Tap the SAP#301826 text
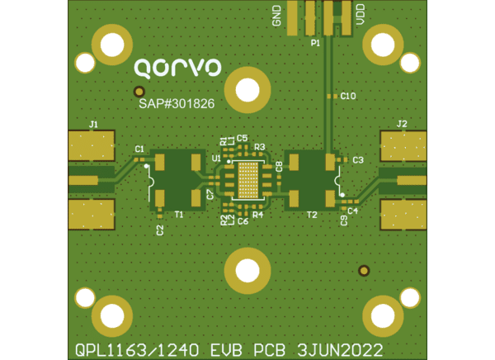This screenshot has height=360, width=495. (x=177, y=104)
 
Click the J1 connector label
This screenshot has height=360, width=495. (x=93, y=125)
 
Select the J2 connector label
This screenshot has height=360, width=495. (x=402, y=124)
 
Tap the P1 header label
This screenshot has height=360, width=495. (x=315, y=42)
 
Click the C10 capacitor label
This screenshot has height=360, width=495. (x=348, y=97)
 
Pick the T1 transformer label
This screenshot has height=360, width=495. (x=179, y=215)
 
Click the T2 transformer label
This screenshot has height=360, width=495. (x=312, y=215)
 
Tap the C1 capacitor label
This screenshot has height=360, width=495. (x=139, y=149)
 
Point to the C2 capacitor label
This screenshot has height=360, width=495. (x=159, y=230)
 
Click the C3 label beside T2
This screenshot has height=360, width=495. (x=357, y=159)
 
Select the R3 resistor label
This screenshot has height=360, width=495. (x=259, y=147)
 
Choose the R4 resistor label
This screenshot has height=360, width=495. (x=257, y=215)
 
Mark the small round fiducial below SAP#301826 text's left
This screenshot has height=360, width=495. (x=139, y=92)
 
